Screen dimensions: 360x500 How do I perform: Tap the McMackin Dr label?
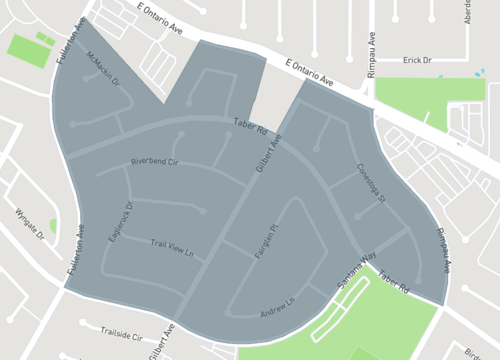click(x=102, y=68)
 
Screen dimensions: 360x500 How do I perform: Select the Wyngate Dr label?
click(x=31, y=226)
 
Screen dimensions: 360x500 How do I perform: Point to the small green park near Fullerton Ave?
click(x=31, y=48)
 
